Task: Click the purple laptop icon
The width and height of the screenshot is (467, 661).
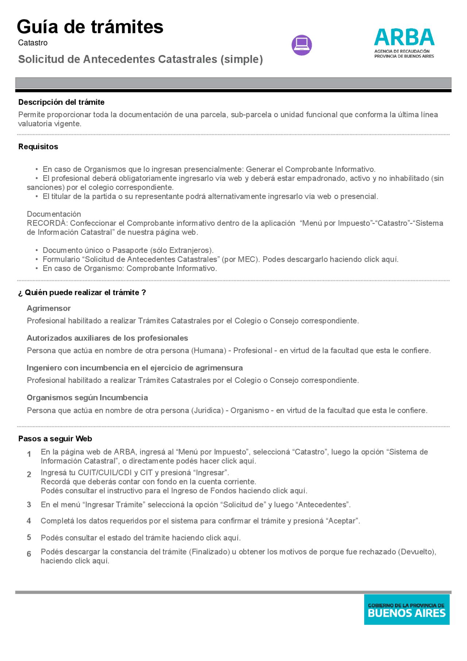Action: point(301,45)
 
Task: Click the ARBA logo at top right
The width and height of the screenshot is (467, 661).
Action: point(404,43)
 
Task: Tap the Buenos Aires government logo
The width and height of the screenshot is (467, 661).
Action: point(406,609)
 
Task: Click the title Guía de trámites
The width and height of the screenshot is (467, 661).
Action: point(90,27)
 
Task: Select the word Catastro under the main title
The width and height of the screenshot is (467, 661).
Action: point(33,43)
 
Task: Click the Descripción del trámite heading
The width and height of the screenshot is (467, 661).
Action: point(61,102)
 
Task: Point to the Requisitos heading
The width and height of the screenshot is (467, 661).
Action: point(38,147)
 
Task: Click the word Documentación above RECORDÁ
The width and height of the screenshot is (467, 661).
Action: point(54,214)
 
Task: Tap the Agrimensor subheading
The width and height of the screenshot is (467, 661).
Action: point(49,308)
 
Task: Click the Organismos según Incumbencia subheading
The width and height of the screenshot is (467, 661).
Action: point(87,397)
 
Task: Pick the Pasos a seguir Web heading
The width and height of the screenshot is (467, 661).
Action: point(55,439)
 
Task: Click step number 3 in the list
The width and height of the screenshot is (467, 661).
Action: point(29,505)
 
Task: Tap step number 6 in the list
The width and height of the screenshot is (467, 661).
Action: point(29,554)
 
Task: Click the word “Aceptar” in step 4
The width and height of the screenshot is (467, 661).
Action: point(342,521)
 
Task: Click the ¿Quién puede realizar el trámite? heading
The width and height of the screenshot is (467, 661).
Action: point(82,293)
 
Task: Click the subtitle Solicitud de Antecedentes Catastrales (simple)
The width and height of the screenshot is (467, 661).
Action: point(140,59)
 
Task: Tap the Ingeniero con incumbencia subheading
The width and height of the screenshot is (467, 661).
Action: point(135,368)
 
